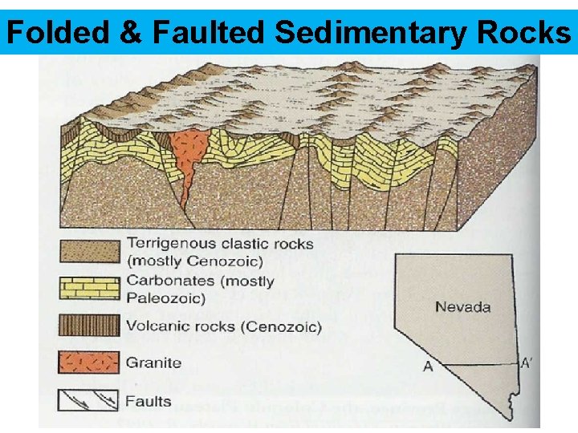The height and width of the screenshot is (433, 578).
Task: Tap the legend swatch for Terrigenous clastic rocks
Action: click(x=89, y=250)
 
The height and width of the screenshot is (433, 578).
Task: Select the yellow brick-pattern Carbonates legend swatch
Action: click(x=89, y=288)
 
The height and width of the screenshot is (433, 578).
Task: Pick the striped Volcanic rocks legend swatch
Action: click(x=89, y=326)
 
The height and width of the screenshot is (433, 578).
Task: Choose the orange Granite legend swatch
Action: click(x=89, y=362)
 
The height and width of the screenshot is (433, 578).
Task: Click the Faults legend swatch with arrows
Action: click(x=89, y=399)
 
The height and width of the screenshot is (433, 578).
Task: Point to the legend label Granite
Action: click(x=153, y=362)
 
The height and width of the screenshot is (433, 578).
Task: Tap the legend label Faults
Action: click(x=149, y=400)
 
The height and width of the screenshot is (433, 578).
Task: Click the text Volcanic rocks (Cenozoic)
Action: click(x=223, y=326)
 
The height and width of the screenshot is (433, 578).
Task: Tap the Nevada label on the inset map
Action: click(x=462, y=306)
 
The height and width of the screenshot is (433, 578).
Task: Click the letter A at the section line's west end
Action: click(x=428, y=366)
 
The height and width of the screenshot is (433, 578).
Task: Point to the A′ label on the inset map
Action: click(x=526, y=362)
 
